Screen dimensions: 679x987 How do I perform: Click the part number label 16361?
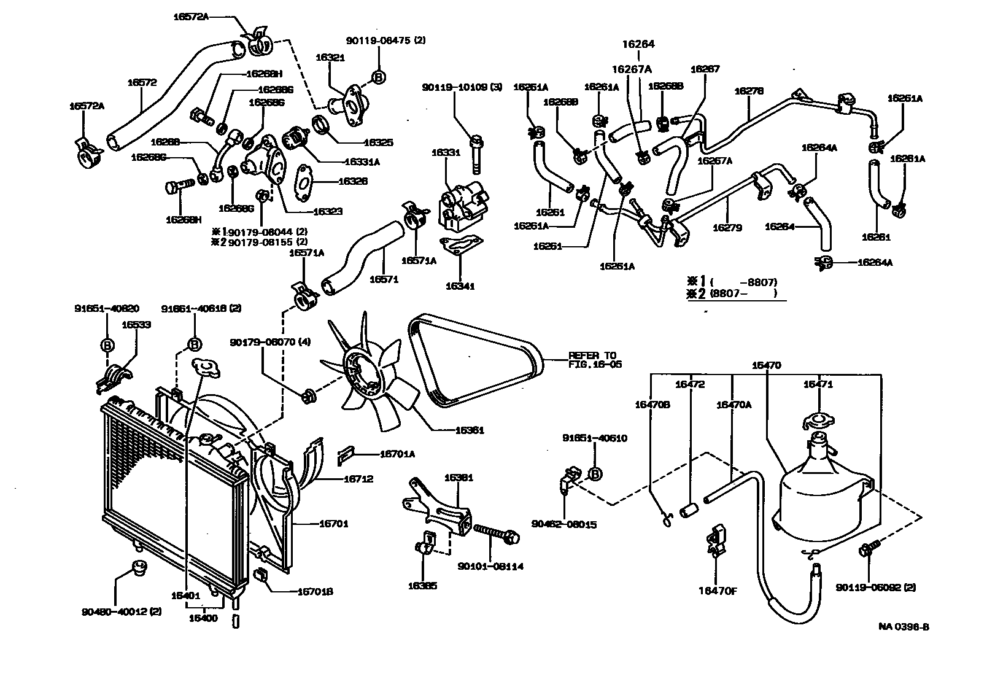click(x=470, y=430)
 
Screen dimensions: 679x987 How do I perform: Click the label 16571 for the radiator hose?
click(x=384, y=279)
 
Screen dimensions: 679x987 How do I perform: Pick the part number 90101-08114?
click(x=490, y=567)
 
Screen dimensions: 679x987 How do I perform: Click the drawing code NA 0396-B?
click(x=903, y=627)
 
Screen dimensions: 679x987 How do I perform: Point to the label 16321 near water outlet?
click(x=330, y=58)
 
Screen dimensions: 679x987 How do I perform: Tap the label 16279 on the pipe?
click(x=727, y=228)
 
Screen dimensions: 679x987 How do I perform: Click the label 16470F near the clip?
click(x=717, y=591)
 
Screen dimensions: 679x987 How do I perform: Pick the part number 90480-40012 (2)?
click(x=122, y=612)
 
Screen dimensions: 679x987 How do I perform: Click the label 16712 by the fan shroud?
click(x=358, y=479)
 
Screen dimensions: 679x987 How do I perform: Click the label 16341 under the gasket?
click(x=460, y=286)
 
